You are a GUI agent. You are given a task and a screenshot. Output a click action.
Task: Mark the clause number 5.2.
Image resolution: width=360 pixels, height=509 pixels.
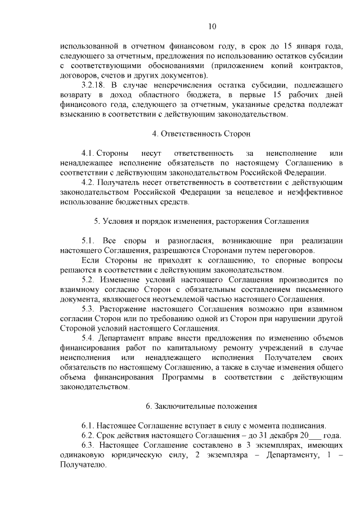(x=89, y=280)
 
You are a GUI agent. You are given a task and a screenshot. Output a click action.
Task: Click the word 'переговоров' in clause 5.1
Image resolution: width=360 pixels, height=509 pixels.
(x=292, y=250)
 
